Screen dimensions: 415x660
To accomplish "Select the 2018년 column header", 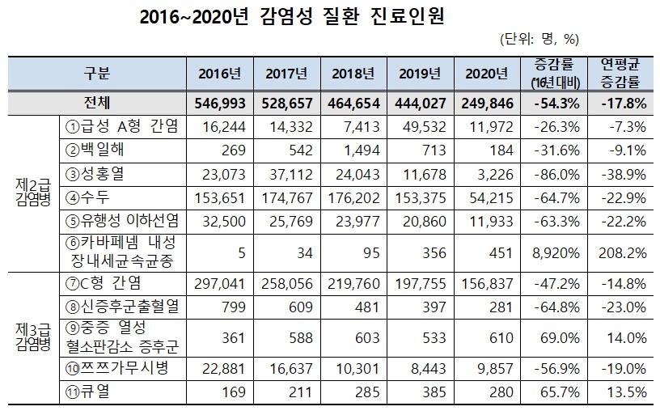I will coord(353,74).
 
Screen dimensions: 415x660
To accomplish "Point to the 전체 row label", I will coord(97,104).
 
